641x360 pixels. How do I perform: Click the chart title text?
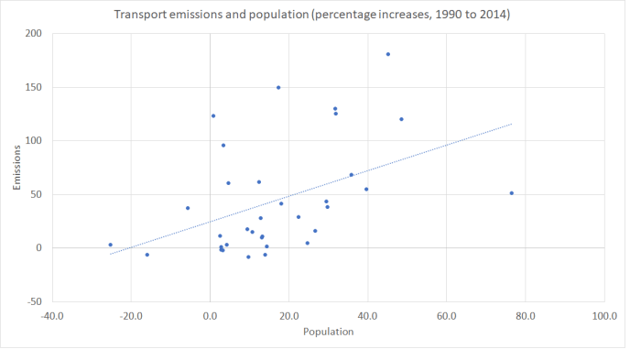[311, 15]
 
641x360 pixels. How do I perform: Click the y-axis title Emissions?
[18, 168]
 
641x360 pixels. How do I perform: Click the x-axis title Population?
[328, 332]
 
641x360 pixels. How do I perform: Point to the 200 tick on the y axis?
[36, 34]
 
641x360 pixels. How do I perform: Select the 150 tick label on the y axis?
[36, 87]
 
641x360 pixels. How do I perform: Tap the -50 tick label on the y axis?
[36, 301]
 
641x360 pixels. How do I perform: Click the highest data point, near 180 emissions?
[388, 54]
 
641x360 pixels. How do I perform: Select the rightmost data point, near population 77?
[511, 193]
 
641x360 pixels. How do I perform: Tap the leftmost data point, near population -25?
[110, 245]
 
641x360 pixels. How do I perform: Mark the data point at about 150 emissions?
[278, 87]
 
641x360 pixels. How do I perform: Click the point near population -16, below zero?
[147, 255]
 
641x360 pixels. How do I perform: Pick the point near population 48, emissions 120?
[401, 119]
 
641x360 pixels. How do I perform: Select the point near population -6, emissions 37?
[188, 208]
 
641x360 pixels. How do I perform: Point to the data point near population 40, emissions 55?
[366, 190]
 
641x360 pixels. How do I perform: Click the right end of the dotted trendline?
[511, 124]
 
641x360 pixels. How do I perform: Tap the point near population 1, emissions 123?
[213, 115]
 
